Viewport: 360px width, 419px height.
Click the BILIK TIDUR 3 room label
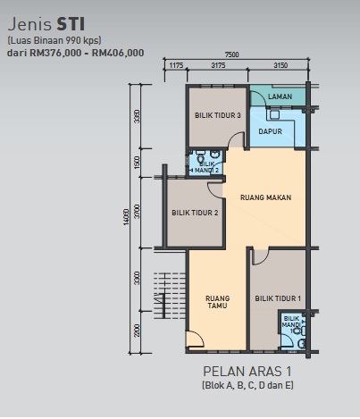click(x=218, y=115)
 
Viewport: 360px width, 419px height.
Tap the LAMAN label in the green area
click(x=280, y=96)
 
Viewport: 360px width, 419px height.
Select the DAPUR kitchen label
click(x=270, y=131)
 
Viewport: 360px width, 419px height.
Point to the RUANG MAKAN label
click(x=265, y=197)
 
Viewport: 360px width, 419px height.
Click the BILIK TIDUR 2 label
click(x=195, y=213)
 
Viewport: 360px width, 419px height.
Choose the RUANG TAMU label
click(x=217, y=302)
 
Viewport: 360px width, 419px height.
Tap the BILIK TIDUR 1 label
click(x=278, y=298)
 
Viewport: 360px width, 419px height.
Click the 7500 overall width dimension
click(x=231, y=54)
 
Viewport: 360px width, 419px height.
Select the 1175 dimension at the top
click(x=176, y=65)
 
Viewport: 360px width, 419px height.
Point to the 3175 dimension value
click(x=218, y=65)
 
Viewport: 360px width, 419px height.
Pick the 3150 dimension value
click(x=280, y=65)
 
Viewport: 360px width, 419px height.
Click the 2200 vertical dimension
click(x=137, y=331)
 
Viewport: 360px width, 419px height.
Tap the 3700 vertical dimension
click(x=137, y=211)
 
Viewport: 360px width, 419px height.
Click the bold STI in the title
click(x=71, y=24)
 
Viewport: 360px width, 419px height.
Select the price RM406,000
click(x=118, y=53)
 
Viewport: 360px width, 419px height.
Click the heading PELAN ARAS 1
click(x=247, y=372)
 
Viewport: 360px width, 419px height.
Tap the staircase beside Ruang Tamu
click(x=170, y=296)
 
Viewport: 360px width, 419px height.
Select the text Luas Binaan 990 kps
click(x=54, y=40)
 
